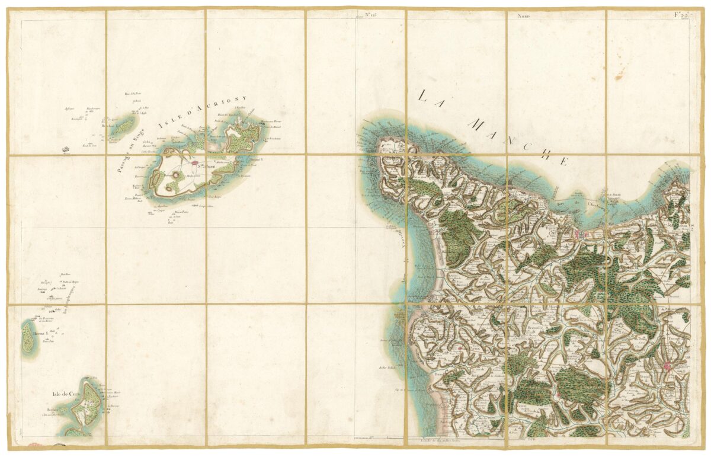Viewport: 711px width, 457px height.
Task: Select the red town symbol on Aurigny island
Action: coord(194,161)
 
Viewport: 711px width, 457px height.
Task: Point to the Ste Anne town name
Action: coord(206,157)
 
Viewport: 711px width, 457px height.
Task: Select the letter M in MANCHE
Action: coord(478,124)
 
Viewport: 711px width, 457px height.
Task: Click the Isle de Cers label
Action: coord(65,393)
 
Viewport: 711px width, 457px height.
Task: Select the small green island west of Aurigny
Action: coord(124,125)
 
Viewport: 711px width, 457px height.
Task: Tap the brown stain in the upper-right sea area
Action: coord(620,74)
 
